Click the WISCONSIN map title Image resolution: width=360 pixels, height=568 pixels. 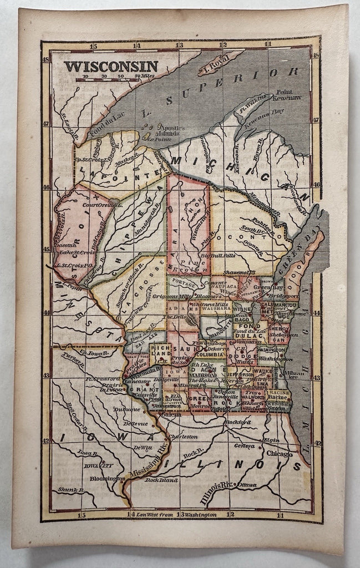pyautogui.click(x=111, y=67)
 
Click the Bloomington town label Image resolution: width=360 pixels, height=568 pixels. pyautogui.click(x=105, y=478)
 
